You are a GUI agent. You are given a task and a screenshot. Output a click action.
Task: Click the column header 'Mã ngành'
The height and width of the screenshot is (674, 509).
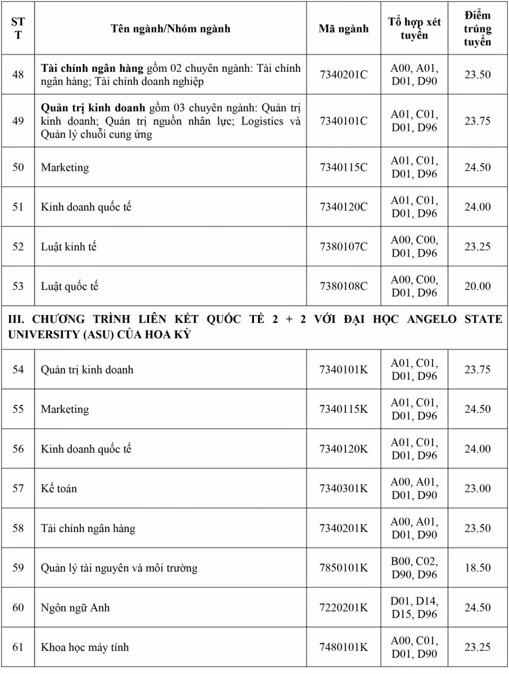(343, 29)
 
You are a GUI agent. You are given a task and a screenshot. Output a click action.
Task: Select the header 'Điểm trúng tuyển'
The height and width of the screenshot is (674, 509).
(477, 29)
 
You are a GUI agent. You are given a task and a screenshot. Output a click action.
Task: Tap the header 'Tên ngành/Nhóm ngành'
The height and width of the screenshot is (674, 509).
(170, 29)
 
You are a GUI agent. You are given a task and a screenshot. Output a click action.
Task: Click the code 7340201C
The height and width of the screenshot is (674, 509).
(343, 75)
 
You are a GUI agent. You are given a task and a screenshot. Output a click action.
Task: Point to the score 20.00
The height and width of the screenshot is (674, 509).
(477, 286)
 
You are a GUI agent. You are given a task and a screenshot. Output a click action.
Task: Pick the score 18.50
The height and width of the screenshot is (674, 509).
(477, 568)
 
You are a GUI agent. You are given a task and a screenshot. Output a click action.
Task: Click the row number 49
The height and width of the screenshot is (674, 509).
(18, 121)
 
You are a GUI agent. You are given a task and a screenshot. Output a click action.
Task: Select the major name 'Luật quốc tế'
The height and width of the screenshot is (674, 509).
(70, 286)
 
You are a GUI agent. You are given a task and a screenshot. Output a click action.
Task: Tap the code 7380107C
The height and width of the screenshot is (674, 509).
(343, 247)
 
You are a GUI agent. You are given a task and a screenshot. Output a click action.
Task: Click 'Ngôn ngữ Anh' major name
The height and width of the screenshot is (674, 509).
(75, 608)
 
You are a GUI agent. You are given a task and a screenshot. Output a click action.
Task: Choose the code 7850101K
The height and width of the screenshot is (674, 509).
(343, 568)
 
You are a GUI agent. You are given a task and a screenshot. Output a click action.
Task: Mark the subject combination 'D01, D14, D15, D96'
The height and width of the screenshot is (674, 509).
(414, 607)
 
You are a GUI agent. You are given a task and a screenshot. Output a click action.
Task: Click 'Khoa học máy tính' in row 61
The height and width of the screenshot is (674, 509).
(85, 647)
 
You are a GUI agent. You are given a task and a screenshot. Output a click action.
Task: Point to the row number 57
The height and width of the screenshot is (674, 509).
(18, 488)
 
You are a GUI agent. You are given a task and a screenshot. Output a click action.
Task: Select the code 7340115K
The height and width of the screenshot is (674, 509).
(343, 409)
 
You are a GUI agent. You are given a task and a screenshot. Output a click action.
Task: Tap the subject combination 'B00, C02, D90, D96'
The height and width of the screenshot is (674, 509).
(414, 568)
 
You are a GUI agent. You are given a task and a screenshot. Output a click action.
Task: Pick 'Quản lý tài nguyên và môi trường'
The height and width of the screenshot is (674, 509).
(119, 568)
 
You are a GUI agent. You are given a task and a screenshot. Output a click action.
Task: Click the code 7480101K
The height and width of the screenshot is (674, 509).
(343, 647)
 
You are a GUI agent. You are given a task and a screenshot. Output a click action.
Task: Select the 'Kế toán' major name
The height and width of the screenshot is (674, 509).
(59, 488)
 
